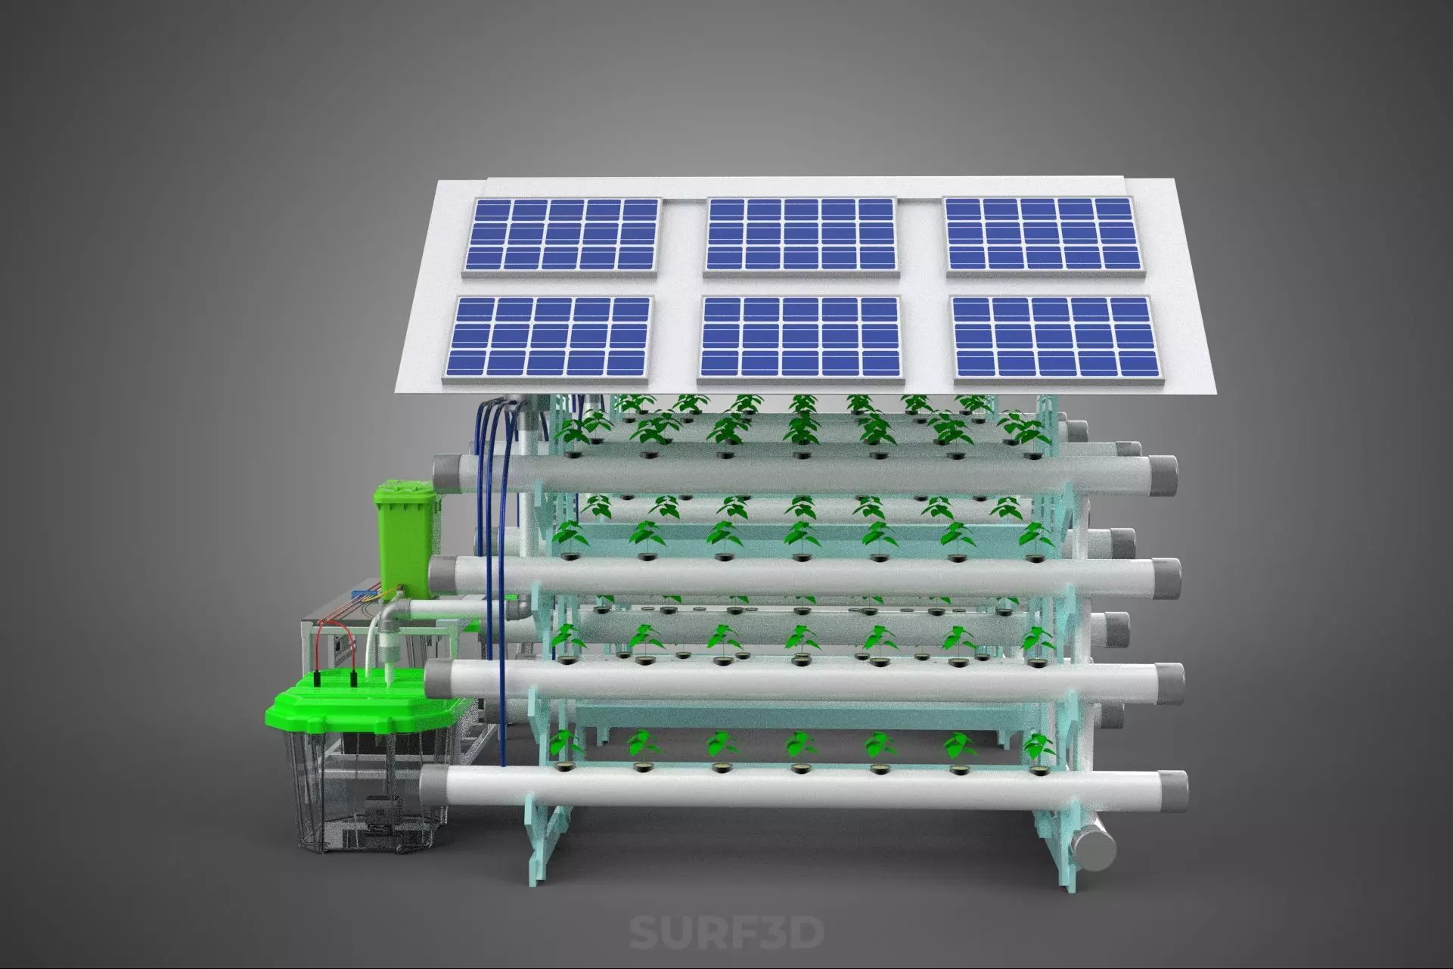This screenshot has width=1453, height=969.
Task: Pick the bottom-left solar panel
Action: pos(551,337)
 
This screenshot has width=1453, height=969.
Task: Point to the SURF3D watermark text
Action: pos(726,933)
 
